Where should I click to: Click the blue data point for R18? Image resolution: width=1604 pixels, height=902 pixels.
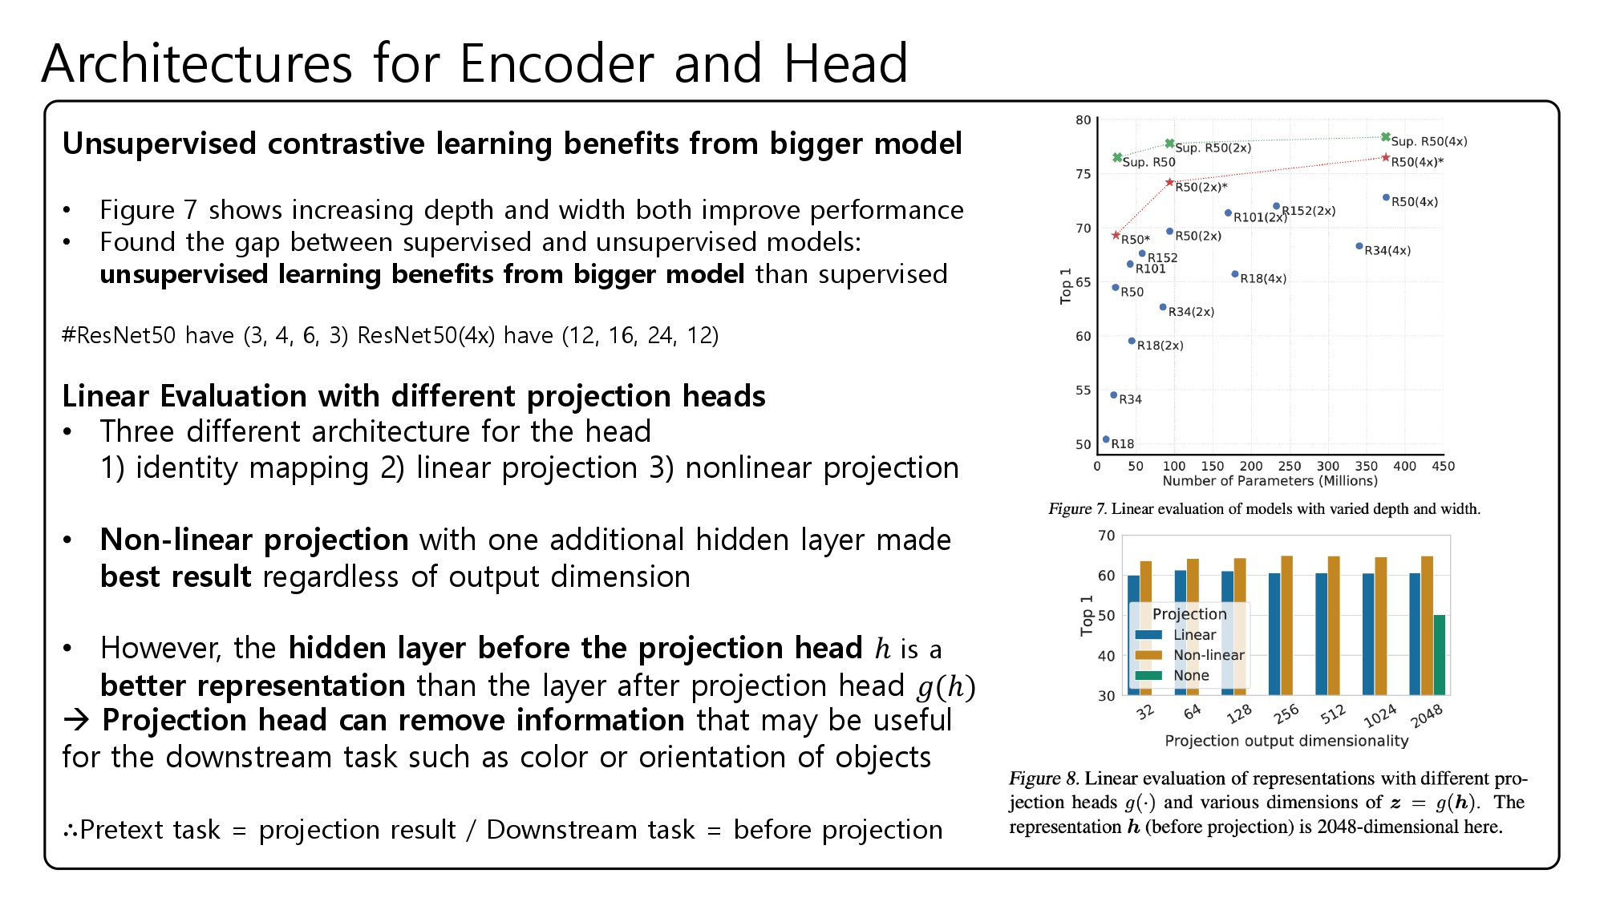pyautogui.click(x=1106, y=439)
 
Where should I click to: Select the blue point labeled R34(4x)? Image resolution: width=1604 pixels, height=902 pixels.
pyautogui.click(x=1359, y=246)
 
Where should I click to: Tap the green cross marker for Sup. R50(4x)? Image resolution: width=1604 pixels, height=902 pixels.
pyautogui.click(x=1386, y=138)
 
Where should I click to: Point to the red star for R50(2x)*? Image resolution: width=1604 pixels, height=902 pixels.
pyautogui.click(x=1169, y=183)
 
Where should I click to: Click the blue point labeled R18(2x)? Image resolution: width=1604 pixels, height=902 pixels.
pyautogui.click(x=1132, y=341)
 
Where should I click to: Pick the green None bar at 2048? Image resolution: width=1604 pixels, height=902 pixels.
pyautogui.click(x=1439, y=654)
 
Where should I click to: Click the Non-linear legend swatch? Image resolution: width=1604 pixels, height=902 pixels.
pyautogui.click(x=1148, y=655)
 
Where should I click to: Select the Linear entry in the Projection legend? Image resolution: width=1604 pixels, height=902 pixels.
pyautogui.click(x=1193, y=635)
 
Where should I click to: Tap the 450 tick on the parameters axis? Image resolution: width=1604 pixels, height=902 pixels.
pyautogui.click(x=1443, y=466)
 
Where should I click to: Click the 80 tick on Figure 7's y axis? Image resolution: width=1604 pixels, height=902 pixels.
pyautogui.click(x=1084, y=120)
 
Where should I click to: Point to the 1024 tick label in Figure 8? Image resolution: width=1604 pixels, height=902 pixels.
pyautogui.click(x=1379, y=715)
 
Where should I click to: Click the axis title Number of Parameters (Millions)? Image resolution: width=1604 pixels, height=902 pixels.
pyautogui.click(x=1270, y=481)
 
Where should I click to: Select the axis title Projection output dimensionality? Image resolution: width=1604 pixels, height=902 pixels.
pyautogui.click(x=1286, y=741)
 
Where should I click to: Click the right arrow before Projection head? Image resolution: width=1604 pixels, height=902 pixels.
pyautogui.click(x=77, y=720)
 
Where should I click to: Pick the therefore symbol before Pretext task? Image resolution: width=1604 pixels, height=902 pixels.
pyautogui.click(x=71, y=831)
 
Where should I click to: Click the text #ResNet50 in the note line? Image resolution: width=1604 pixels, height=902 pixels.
pyautogui.click(x=119, y=335)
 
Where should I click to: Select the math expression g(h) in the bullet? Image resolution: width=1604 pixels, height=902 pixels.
pyautogui.click(x=946, y=686)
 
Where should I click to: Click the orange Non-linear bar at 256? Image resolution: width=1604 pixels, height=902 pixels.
pyautogui.click(x=1286, y=625)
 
